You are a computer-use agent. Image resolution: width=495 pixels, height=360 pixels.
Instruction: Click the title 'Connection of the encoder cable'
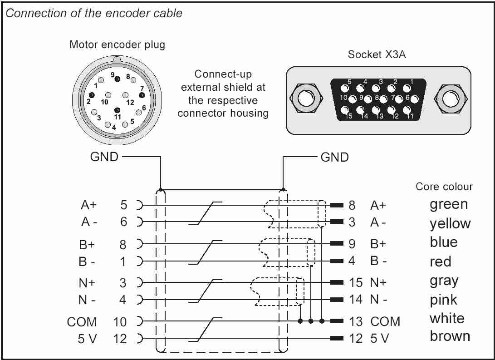coord(94,13)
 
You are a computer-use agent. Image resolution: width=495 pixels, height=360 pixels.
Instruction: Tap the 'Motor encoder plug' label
coord(117,44)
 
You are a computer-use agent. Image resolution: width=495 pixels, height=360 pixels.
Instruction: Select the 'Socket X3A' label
coord(377,54)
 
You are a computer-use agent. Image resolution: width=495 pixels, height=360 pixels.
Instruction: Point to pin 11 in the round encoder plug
coord(117,110)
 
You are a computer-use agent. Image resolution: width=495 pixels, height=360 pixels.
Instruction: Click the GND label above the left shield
coord(104,157)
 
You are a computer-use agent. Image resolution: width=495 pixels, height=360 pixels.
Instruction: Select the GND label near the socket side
coord(335,157)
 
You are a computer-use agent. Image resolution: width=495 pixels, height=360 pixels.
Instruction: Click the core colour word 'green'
coord(449,205)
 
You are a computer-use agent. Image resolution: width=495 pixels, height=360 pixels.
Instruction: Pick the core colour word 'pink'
coord(443,299)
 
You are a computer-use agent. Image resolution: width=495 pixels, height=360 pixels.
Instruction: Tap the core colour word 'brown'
coord(450,336)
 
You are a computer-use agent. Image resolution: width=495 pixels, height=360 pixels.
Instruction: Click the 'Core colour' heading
coord(444,186)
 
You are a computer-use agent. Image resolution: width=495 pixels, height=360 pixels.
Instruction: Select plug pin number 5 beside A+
coord(123,205)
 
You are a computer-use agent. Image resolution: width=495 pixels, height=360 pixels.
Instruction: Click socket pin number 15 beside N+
coord(356,282)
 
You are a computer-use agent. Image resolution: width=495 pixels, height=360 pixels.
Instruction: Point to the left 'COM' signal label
coord(82,322)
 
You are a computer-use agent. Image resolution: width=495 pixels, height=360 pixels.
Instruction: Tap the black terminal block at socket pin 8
coord(337,205)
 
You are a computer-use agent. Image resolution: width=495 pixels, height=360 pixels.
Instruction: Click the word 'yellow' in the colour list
coord(450,223)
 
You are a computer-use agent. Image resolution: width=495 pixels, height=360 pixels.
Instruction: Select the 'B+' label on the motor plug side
coord(87,245)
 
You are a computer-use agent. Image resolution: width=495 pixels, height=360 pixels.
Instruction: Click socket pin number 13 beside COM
coord(356,321)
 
